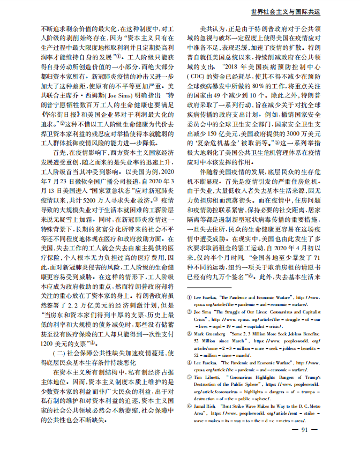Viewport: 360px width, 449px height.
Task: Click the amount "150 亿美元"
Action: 220,129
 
